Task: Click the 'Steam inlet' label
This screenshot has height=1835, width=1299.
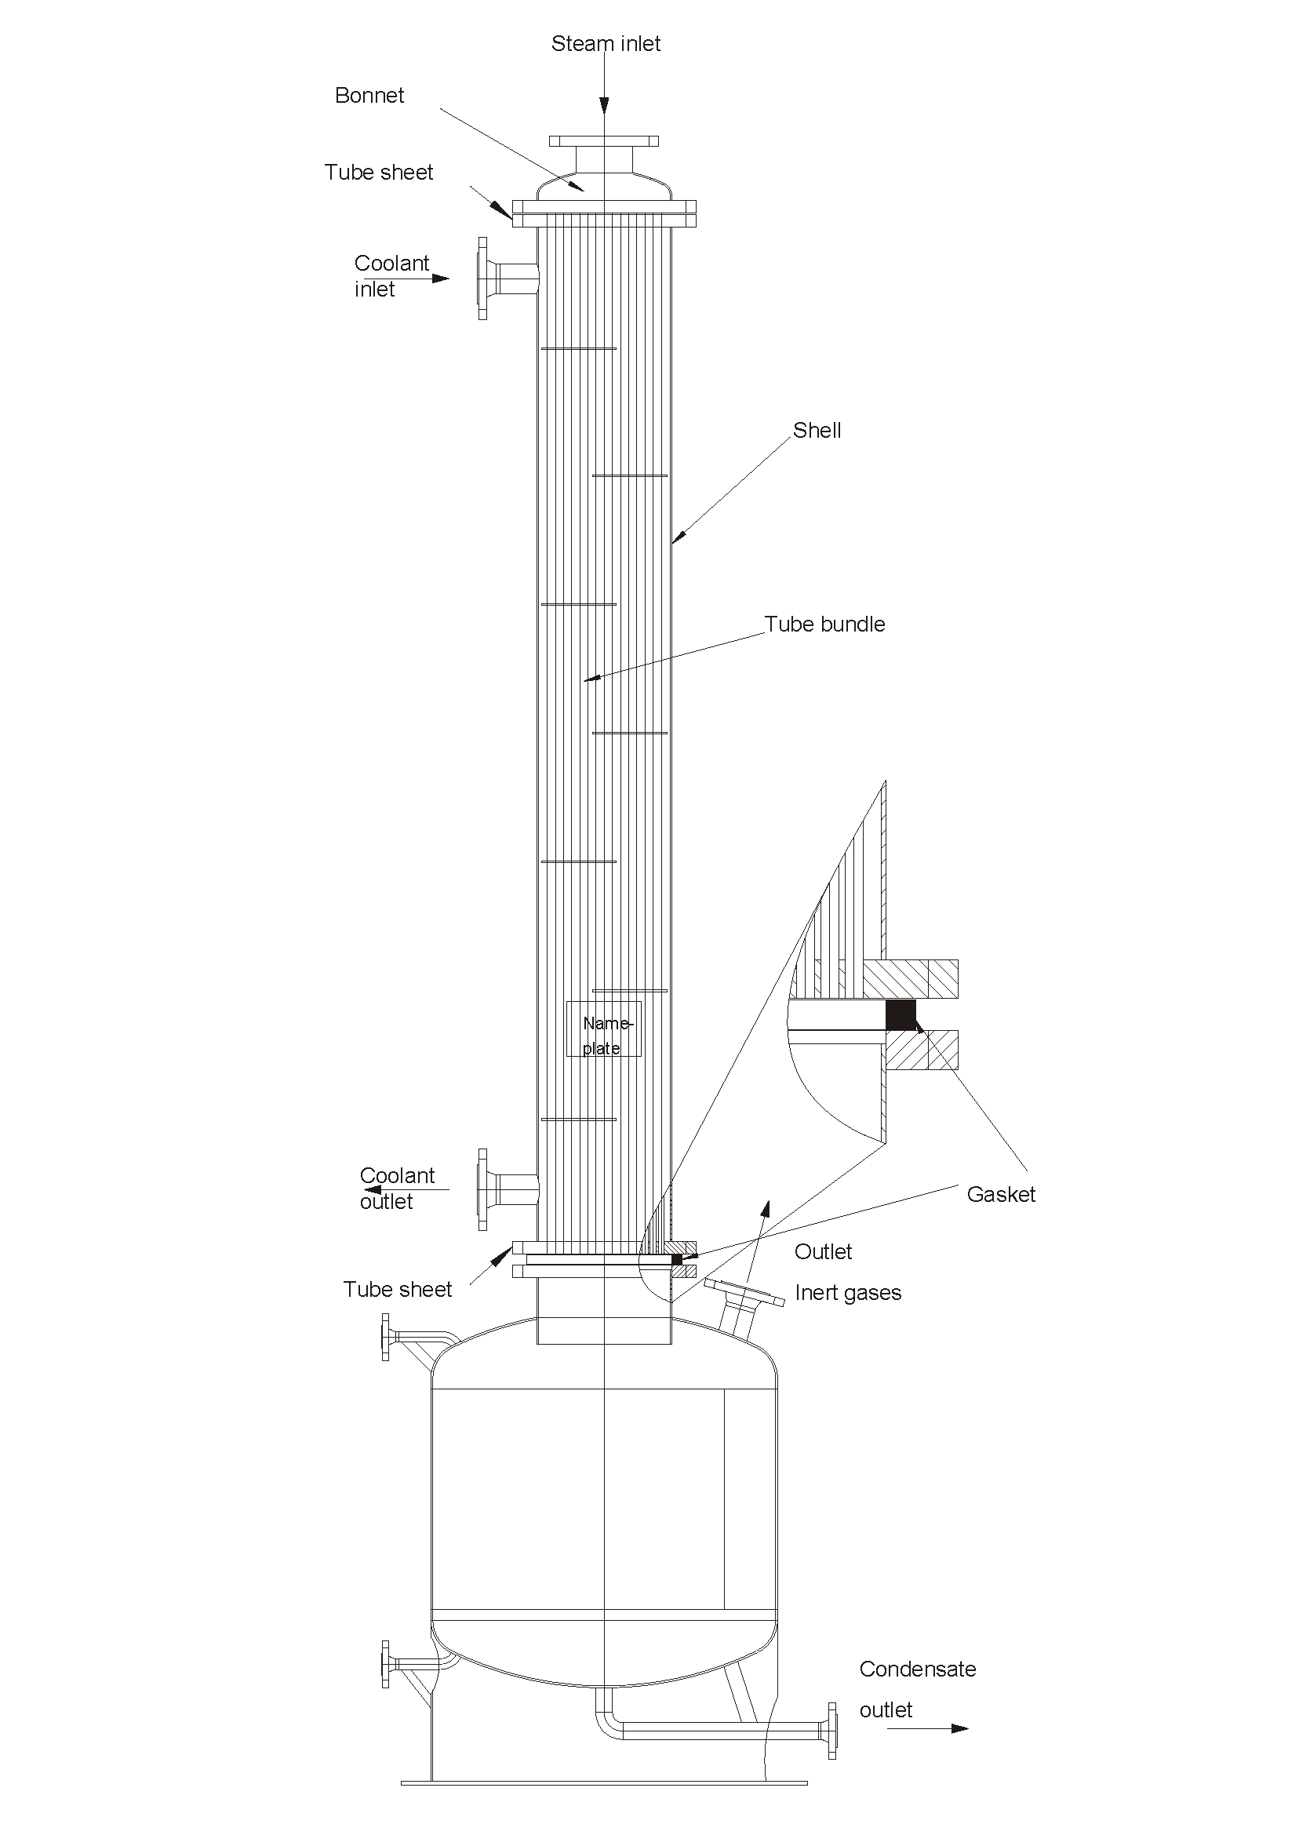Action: [606, 44]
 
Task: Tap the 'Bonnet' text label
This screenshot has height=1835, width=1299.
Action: [369, 96]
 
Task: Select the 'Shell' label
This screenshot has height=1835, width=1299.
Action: [817, 431]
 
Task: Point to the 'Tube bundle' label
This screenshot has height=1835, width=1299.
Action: [824, 624]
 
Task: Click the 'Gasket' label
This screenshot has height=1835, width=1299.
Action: [1001, 1194]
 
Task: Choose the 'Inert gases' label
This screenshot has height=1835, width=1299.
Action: [848, 1294]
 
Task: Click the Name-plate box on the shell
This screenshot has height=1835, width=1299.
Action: [604, 1029]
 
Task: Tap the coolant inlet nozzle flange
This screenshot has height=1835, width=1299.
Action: [482, 279]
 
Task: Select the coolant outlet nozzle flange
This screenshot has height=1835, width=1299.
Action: [482, 1189]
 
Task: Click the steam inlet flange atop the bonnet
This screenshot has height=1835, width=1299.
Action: [604, 141]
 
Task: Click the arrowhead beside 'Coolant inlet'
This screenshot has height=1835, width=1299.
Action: [441, 279]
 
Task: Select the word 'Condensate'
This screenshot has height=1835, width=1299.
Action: [918, 1669]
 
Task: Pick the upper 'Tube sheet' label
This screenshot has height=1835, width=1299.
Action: [379, 173]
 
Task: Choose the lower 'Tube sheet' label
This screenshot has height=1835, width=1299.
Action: [398, 1290]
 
